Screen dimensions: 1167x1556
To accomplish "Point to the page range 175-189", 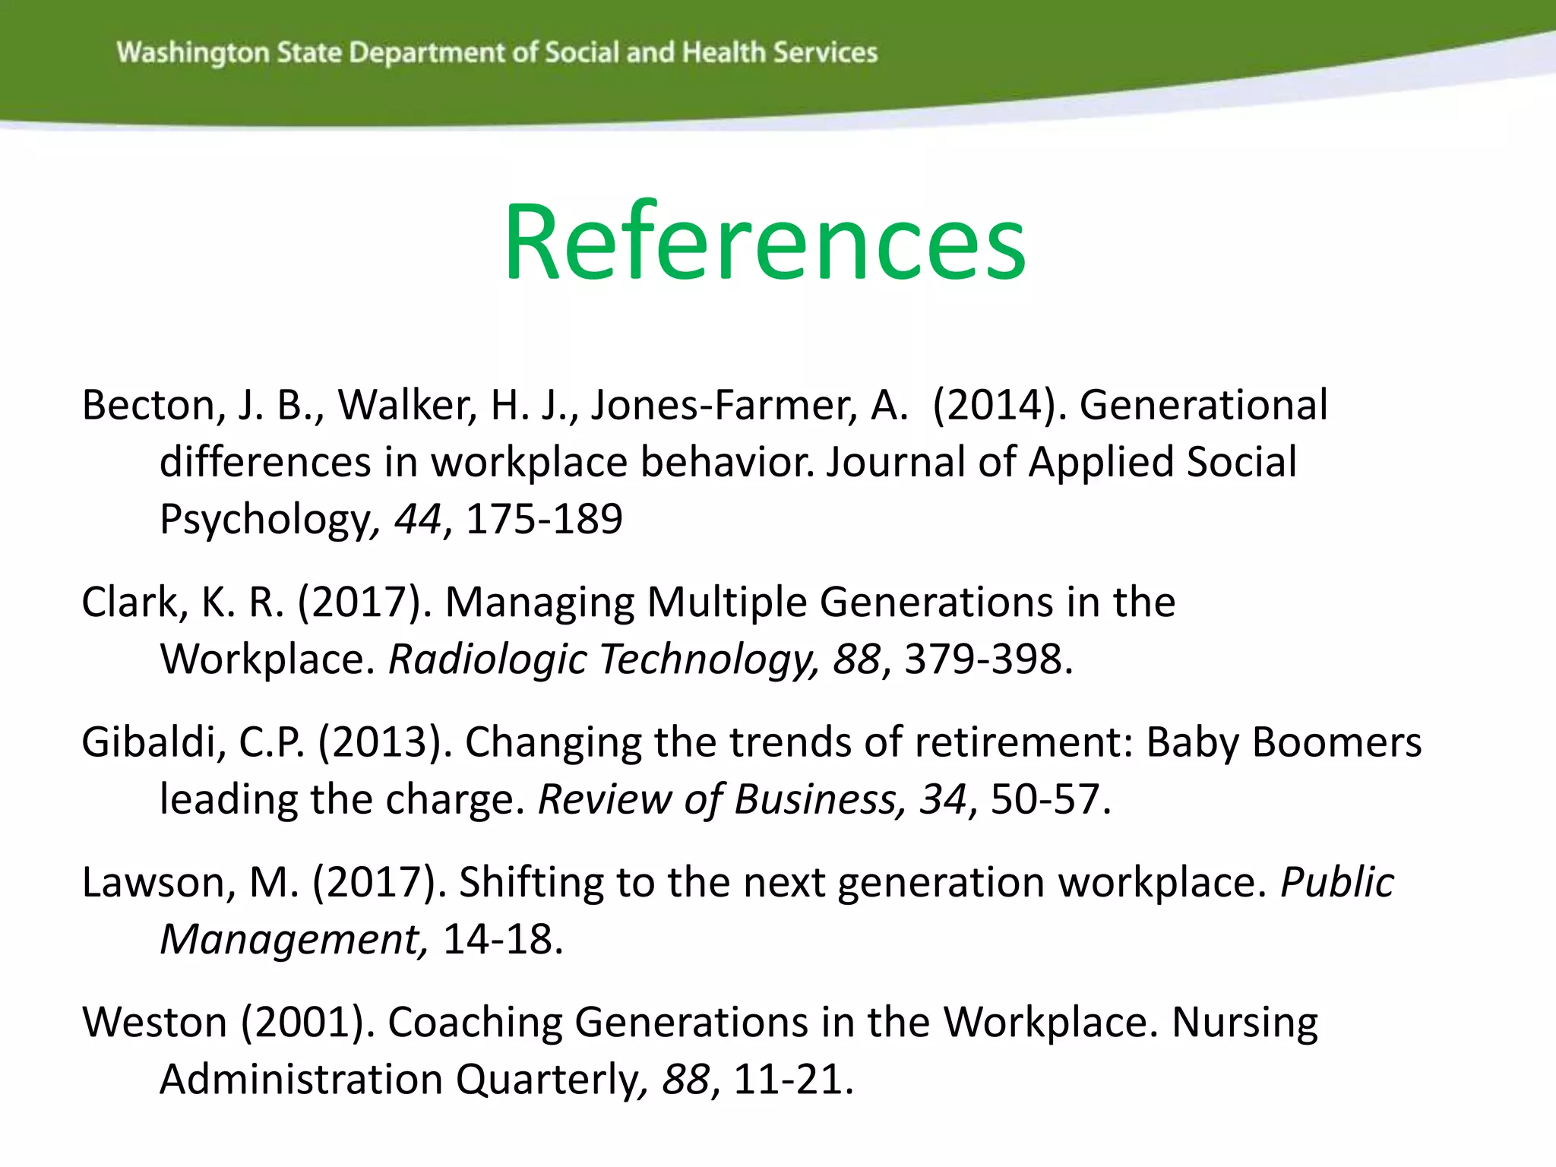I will coord(544,520).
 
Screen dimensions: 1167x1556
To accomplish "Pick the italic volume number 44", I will coord(417,520).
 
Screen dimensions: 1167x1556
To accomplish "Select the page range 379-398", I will coord(983,659).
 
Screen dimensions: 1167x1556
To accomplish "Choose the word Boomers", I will coord(1336,742).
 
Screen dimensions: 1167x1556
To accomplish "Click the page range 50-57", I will coord(1045,800).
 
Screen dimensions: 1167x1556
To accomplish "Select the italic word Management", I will coord(293,940).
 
